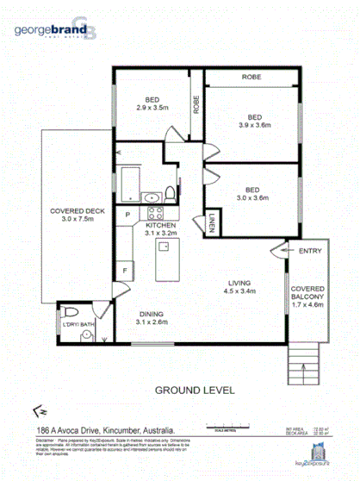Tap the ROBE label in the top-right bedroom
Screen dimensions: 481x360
(x=251, y=78)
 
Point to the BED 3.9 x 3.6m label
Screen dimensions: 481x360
(x=254, y=121)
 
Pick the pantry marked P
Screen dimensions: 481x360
(x=127, y=214)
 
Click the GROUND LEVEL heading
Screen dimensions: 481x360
(x=195, y=390)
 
